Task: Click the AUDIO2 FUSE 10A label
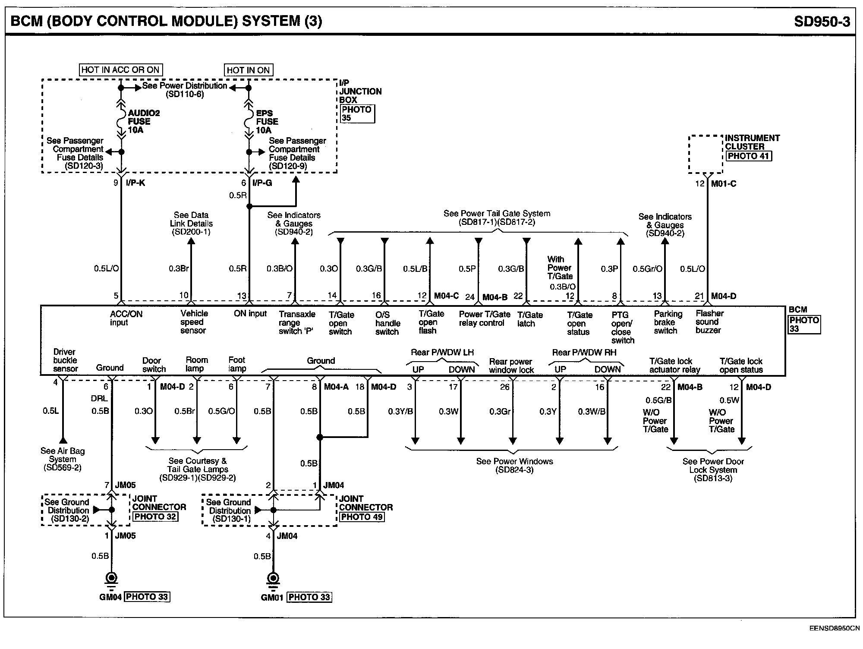[144, 121]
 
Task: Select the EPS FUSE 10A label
[267, 121]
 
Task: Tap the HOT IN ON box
[248, 70]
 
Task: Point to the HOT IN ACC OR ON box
[120, 70]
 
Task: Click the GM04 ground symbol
[112, 578]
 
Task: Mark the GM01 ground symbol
[273, 578]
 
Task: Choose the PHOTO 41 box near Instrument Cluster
[749, 156]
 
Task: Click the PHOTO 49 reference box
[362, 517]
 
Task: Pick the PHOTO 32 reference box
[155, 517]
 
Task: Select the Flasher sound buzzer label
[709, 322]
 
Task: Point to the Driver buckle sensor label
[65, 360]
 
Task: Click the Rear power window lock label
[511, 366]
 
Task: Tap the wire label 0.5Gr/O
[647, 269]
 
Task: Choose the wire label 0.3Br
[179, 269]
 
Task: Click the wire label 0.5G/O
[221, 411]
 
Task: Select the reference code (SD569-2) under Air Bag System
[63, 468]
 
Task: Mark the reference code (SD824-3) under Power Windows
[514, 470]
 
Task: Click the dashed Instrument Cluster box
[706, 154]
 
